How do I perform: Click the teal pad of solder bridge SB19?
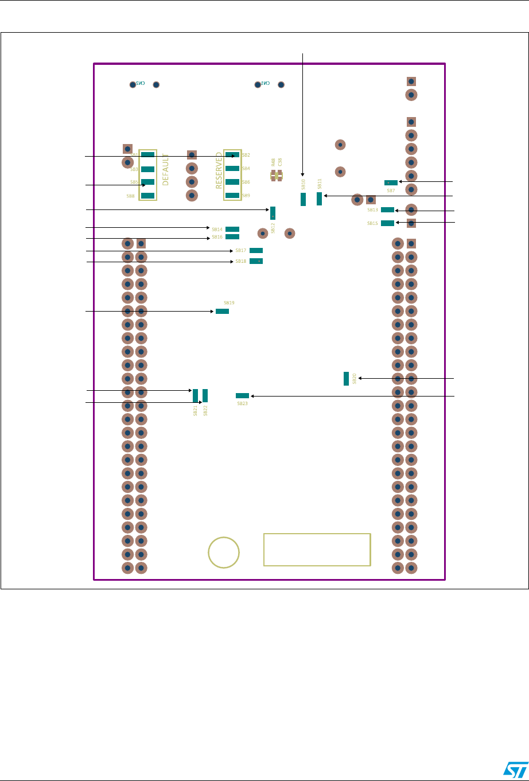pos(222,311)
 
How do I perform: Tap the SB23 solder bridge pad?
pos(242,395)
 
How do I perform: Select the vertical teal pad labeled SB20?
pos(346,378)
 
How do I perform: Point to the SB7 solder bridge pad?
pos(391,182)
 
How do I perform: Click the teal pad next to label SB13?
pos(387,209)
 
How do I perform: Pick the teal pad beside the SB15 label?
pos(387,223)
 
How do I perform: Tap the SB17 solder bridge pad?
pos(256,250)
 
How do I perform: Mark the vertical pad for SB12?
pos(273,213)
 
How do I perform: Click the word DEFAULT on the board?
pos(165,169)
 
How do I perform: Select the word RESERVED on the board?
pos(219,170)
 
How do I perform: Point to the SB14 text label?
pos(217,230)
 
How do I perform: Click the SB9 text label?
pos(246,196)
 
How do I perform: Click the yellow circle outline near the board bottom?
pos(224,553)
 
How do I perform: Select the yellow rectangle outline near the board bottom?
pos(317,549)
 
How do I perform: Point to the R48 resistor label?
pos(274,162)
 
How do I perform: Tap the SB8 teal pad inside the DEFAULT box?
pos(147,196)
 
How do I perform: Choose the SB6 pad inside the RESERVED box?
pos(232,182)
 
